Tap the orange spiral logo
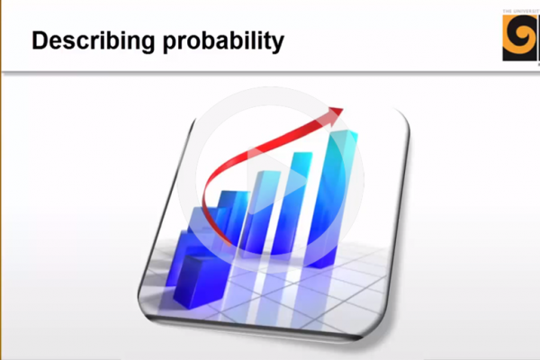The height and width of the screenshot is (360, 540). pyautogui.click(x=521, y=40)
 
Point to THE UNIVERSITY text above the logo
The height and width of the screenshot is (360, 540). pyautogui.click(x=521, y=13)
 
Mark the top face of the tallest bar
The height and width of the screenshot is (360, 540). pyautogui.click(x=342, y=136)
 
